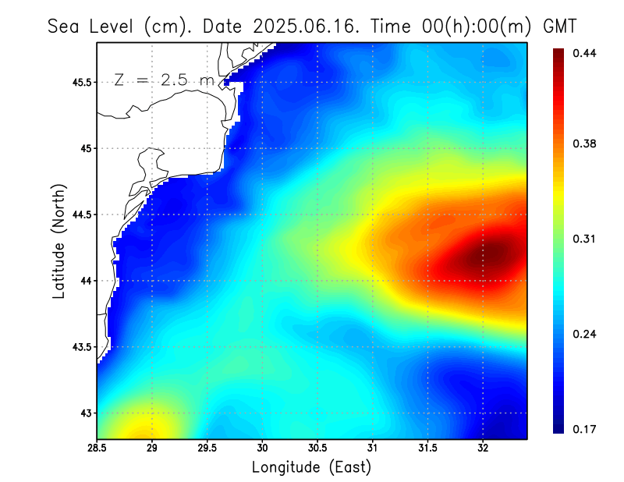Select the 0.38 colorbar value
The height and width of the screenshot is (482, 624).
tap(584, 144)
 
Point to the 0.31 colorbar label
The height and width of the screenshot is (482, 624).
tap(584, 239)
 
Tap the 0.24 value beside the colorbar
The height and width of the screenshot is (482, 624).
tap(584, 334)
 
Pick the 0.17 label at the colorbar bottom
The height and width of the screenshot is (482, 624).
tap(584, 429)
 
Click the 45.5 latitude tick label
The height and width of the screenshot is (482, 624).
tap(80, 82)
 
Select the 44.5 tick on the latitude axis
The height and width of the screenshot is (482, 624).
tap(80, 214)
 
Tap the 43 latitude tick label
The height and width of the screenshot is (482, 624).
tap(86, 413)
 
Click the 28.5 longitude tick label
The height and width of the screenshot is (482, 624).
tap(97, 448)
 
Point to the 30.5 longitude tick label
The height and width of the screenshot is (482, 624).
tap(317, 448)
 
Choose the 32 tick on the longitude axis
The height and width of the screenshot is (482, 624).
tap(483, 448)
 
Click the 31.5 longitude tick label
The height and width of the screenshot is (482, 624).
tap(427, 448)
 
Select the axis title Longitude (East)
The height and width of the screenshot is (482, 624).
tap(311, 467)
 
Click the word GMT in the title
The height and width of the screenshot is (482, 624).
tap(559, 26)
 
